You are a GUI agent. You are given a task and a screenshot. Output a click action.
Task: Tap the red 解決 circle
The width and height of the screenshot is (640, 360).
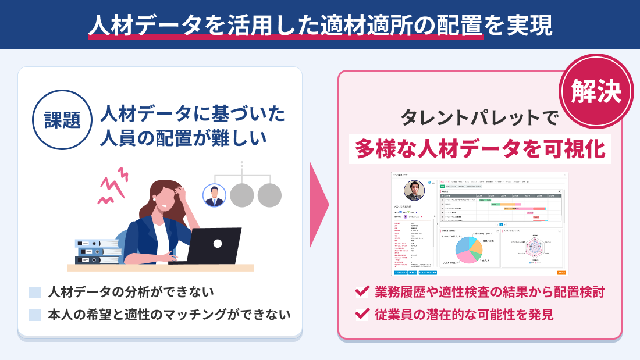pyautogui.click(x=596, y=91)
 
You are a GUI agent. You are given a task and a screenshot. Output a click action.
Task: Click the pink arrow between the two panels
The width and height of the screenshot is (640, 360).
pyautogui.click(x=319, y=204)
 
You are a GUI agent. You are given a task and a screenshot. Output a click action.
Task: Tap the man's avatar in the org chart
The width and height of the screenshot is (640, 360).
pyautogui.click(x=214, y=195)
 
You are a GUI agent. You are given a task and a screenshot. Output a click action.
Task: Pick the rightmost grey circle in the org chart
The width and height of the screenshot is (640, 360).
pyautogui.click(x=269, y=195)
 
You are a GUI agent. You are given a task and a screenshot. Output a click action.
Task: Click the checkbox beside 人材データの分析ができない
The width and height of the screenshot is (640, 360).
pyautogui.click(x=35, y=292)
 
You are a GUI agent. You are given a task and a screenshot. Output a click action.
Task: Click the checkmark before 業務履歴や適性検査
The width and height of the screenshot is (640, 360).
pyautogui.click(x=362, y=291)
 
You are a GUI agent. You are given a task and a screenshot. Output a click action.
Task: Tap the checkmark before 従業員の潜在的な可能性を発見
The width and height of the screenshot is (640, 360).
pyautogui.click(x=362, y=314)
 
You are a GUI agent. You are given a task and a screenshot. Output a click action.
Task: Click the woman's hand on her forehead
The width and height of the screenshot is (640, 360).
pyautogui.click(x=174, y=193)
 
